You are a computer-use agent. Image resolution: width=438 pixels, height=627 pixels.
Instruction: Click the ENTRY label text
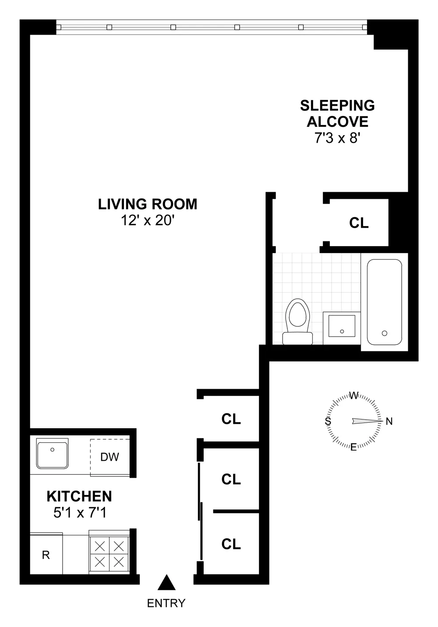click(x=166, y=603)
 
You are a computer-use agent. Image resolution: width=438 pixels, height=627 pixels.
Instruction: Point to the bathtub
click(x=384, y=302)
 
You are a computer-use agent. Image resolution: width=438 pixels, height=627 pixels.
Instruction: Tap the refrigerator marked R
click(x=46, y=555)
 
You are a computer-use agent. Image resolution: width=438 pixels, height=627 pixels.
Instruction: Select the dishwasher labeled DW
click(x=109, y=457)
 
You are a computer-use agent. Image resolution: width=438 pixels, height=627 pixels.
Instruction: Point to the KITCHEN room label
click(x=79, y=496)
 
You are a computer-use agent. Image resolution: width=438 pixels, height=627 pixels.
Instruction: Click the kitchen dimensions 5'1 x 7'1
click(x=79, y=512)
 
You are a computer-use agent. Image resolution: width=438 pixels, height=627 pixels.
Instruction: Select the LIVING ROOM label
click(x=148, y=204)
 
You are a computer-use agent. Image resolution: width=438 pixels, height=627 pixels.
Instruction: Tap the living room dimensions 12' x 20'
click(x=148, y=220)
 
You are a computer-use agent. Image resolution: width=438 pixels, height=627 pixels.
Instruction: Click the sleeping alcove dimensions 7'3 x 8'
click(x=337, y=138)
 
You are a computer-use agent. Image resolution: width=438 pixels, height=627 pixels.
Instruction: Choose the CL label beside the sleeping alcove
click(x=359, y=223)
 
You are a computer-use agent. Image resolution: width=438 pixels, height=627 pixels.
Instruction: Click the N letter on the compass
click(x=389, y=422)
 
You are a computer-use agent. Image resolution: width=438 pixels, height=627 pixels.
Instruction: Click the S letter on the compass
click(x=327, y=422)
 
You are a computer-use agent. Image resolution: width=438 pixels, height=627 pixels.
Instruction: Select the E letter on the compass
click(x=353, y=448)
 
